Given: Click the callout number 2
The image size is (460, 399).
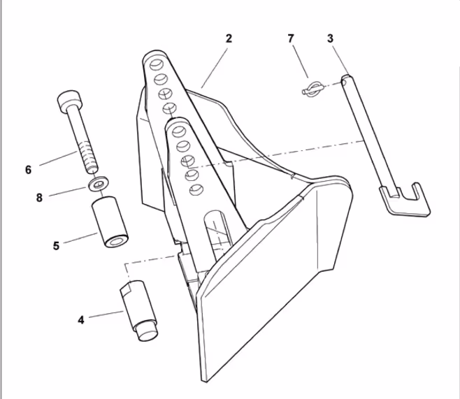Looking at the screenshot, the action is click(229, 38).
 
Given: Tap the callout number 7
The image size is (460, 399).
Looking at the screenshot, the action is click(291, 38).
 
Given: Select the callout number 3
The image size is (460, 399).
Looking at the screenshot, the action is click(331, 38).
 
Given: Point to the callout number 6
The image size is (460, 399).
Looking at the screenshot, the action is click(28, 170).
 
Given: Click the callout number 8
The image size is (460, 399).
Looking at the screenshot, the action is click(39, 198).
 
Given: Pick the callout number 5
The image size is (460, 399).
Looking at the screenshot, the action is click(56, 246).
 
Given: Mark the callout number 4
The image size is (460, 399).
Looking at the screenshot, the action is click(81, 320).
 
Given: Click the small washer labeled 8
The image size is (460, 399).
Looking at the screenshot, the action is click(99, 184).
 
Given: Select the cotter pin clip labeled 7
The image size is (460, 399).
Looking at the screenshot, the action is click(312, 89).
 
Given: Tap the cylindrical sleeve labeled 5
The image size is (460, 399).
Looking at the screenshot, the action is click(110, 222).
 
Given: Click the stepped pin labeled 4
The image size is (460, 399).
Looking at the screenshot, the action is click(138, 310).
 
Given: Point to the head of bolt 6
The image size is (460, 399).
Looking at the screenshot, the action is click(69, 101).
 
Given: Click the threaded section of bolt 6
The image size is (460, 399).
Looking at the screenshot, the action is click(88, 157).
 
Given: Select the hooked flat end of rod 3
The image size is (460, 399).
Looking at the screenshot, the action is click(405, 200).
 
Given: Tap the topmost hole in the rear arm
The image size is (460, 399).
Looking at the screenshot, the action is click(157, 65).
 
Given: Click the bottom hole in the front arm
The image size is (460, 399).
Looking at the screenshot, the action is click(196, 189).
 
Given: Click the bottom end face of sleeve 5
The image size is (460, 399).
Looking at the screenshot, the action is click(116, 241).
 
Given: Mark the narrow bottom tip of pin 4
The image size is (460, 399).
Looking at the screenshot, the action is click(148, 335).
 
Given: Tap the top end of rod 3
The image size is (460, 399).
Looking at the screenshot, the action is click(347, 78).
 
